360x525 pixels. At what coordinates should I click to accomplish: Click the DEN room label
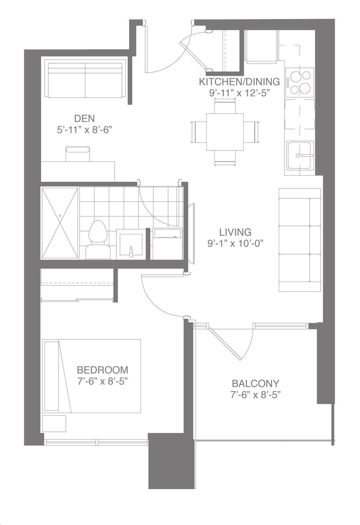click(x=84, y=119)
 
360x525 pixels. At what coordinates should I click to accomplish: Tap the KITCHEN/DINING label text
click(x=239, y=82)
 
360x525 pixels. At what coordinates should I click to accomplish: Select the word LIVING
click(x=235, y=232)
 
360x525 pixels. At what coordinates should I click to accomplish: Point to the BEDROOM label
click(x=102, y=370)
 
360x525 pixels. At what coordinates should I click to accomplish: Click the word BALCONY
click(x=256, y=383)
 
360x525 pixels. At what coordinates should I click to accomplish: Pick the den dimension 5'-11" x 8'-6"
click(x=84, y=130)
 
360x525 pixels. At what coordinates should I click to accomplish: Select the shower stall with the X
click(x=60, y=223)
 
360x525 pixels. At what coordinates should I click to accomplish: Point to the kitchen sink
click(x=300, y=155)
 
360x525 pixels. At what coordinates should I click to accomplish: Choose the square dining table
click(x=225, y=132)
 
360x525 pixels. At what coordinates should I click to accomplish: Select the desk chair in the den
click(x=78, y=154)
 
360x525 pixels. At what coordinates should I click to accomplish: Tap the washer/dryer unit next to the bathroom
click(x=167, y=244)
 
